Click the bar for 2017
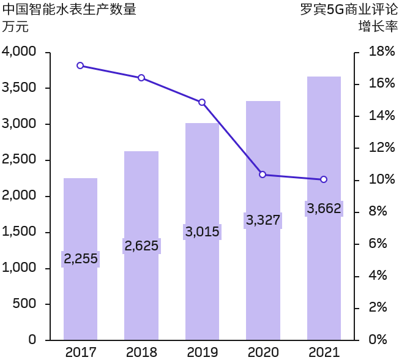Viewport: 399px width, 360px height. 80,294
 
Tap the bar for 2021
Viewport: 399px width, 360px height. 324,276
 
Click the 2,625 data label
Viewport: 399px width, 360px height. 141,246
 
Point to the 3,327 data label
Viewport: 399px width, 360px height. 263,220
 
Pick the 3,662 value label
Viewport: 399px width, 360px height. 324,209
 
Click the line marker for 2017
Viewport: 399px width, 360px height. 80,66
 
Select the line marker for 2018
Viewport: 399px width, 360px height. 141,78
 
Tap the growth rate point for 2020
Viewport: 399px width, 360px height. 263,174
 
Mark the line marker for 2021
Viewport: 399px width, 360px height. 324,179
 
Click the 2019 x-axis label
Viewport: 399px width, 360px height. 202,352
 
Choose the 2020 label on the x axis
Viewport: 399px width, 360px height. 263,352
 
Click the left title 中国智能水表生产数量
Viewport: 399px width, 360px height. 69,10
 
